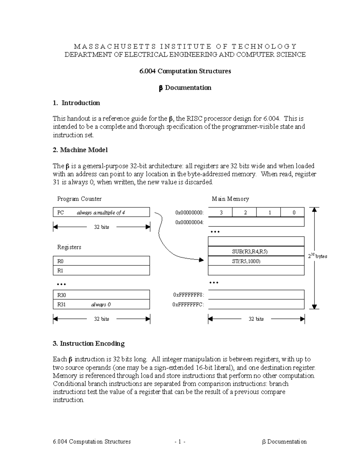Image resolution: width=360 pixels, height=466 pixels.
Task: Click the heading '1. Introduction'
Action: [76, 103]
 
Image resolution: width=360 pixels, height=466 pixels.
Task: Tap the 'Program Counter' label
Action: [79, 199]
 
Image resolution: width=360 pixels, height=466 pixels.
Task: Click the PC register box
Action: [101, 212]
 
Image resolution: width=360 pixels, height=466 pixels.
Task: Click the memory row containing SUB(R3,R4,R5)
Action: [256, 251]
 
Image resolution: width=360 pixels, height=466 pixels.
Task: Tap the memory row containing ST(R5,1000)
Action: [256, 261]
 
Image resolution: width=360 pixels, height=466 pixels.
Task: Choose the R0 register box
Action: [101, 261]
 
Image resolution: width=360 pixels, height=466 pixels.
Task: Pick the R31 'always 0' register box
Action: [101, 305]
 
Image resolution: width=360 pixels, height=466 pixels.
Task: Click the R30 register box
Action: [101, 295]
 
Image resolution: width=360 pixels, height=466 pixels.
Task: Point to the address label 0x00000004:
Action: [189, 222]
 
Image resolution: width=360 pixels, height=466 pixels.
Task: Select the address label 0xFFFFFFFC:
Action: [188, 305]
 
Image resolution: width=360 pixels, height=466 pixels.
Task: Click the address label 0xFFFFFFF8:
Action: [188, 295]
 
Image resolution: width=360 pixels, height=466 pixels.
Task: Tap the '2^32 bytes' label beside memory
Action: [318, 256]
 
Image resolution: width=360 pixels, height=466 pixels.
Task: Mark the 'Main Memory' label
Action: [230, 199]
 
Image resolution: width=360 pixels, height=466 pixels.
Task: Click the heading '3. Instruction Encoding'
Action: [88, 344]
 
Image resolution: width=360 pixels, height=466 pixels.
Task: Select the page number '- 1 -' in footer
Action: [180, 441]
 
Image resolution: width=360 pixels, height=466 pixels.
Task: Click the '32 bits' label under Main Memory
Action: [256, 319]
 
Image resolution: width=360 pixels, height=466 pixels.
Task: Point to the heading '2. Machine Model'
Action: [80, 150]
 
